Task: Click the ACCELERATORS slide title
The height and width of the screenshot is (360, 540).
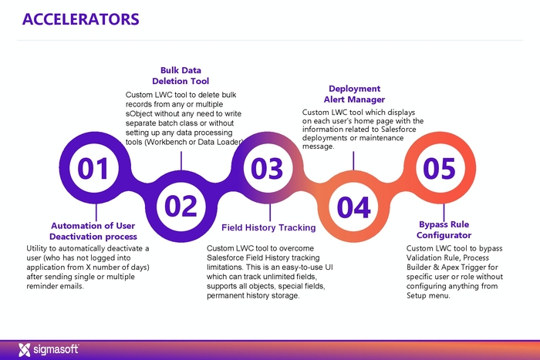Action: pyautogui.click(x=81, y=19)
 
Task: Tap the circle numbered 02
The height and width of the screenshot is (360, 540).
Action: pyautogui.click(x=181, y=206)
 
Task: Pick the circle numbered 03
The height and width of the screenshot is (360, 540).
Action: pyautogui.click(x=268, y=167)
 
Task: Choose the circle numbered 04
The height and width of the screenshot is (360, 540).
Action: pyautogui.click(x=354, y=206)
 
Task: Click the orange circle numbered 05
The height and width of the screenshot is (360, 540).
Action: pyautogui.click(x=440, y=167)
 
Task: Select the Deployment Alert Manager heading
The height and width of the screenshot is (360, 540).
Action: pyautogui.click(x=354, y=94)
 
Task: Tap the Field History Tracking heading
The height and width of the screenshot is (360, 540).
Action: pyautogui.click(x=268, y=227)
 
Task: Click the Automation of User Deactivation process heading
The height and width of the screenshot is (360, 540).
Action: pyautogui.click(x=93, y=230)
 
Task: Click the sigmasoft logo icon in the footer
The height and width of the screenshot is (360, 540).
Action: pyautogui.click(x=24, y=349)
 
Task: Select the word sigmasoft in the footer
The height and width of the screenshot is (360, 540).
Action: pyautogui.click(x=56, y=350)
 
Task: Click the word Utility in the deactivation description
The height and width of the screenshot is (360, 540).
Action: pyautogui.click(x=39, y=249)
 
